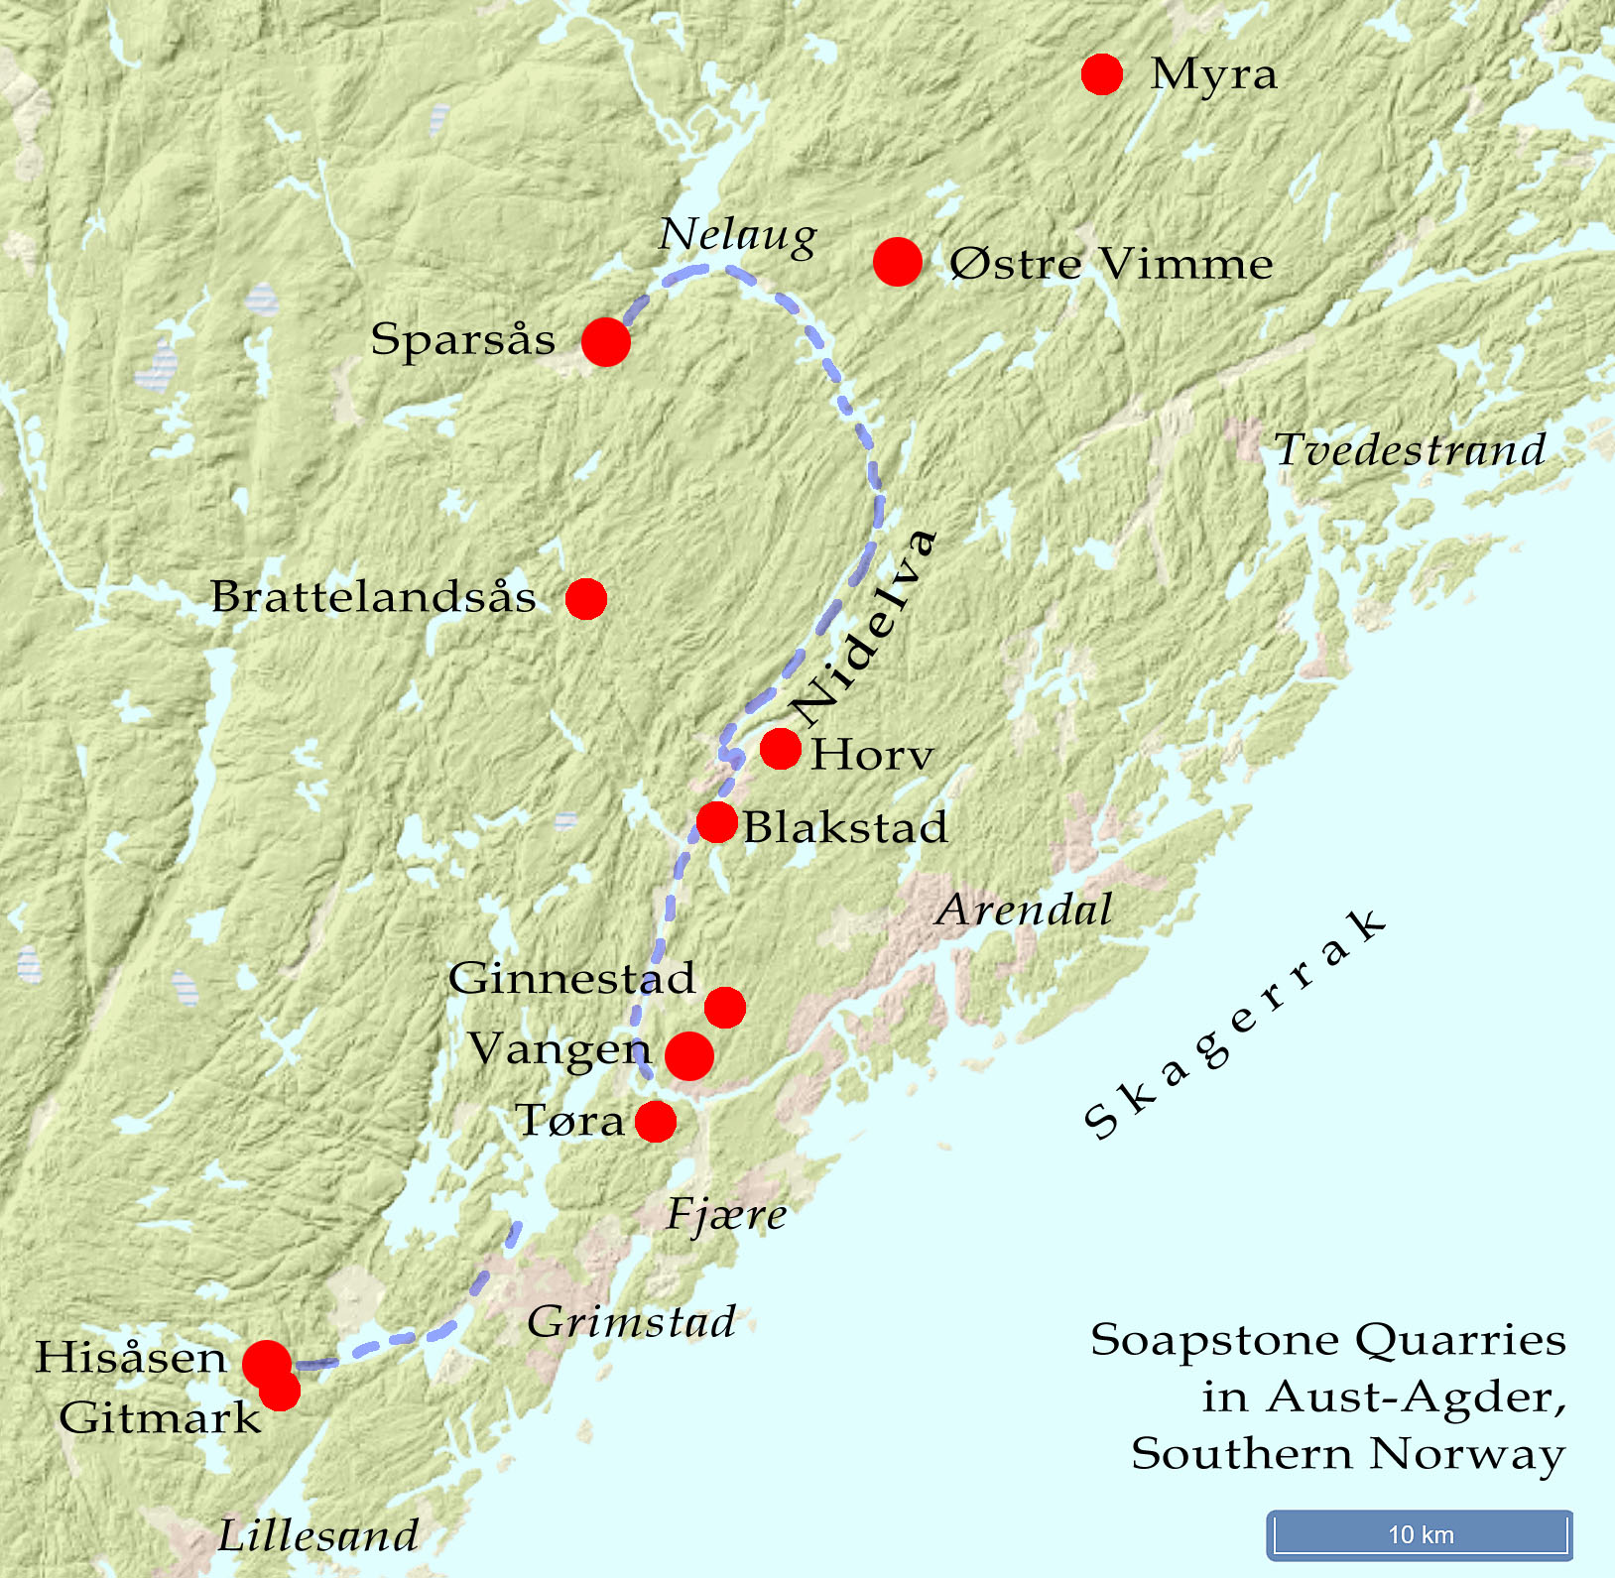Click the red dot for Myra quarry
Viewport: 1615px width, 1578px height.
tap(1101, 74)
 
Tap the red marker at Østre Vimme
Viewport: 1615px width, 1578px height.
tap(898, 262)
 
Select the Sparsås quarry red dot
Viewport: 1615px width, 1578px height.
tap(605, 342)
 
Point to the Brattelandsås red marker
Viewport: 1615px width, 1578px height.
tap(585, 599)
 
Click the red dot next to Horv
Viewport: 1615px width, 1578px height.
tap(781, 749)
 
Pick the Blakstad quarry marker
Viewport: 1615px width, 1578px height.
tap(716, 822)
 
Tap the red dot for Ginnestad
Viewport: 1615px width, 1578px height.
tap(725, 1008)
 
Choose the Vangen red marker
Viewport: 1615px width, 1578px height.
tap(688, 1055)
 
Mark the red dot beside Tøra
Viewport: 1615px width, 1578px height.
tap(655, 1122)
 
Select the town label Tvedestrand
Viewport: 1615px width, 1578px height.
tap(1410, 450)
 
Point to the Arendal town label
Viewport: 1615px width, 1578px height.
tap(1024, 910)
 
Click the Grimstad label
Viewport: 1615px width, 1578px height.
tap(632, 1322)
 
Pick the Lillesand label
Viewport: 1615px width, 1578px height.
tap(318, 1536)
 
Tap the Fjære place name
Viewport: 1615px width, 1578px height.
tap(726, 1215)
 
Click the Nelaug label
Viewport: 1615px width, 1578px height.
tap(738, 236)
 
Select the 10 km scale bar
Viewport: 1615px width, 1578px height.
tap(1420, 1534)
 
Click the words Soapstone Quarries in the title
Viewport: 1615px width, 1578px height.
tap(1327, 1340)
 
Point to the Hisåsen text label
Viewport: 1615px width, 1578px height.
tap(132, 1358)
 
